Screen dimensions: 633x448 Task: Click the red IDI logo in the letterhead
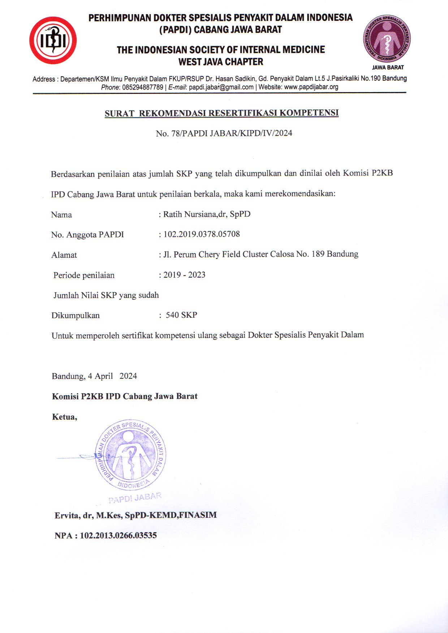pyautogui.click(x=53, y=40)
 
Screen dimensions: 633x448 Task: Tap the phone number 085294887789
pyautogui.click(x=143, y=87)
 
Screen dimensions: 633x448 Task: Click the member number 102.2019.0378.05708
pyautogui.click(x=202, y=234)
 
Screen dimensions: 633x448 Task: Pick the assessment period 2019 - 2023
pyautogui.click(x=184, y=275)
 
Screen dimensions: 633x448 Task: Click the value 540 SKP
pyautogui.click(x=181, y=315)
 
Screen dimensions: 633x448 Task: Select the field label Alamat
pyautogui.click(x=64, y=255)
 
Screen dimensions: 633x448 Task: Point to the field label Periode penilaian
pyautogui.click(x=84, y=275)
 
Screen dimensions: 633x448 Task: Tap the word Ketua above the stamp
pyautogui.click(x=64, y=417)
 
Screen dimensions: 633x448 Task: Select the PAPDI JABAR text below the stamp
pyautogui.click(x=135, y=498)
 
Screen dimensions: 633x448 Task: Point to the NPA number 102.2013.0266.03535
pyautogui.click(x=118, y=536)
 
